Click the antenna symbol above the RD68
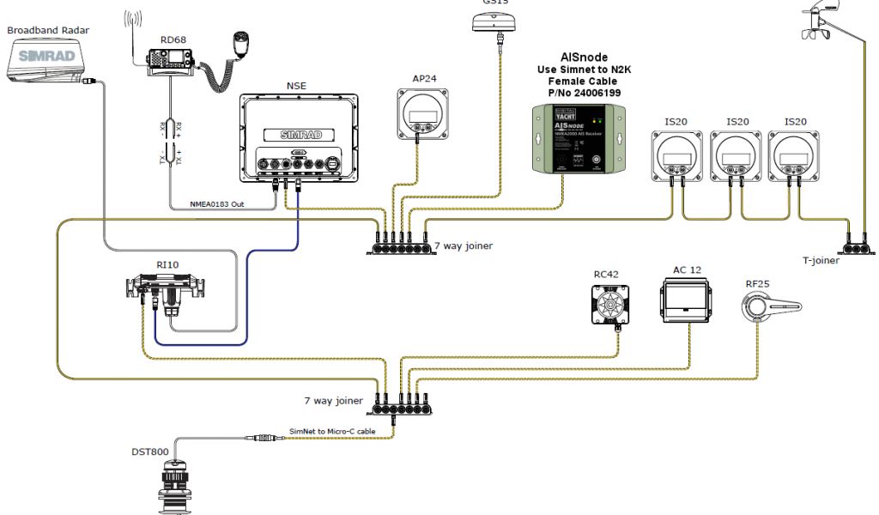tap(132, 26)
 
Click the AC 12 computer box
tap(686, 301)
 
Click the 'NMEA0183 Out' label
tap(217, 204)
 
